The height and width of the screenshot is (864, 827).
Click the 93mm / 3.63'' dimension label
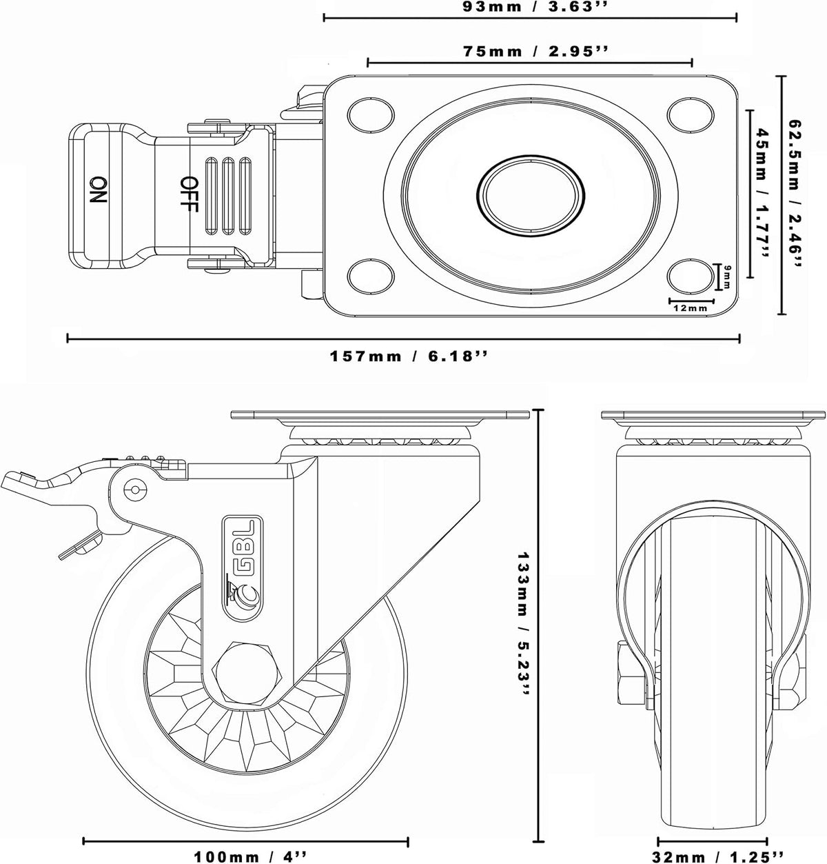[x=531, y=7]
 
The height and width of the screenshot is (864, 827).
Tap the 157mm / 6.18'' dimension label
[x=409, y=356]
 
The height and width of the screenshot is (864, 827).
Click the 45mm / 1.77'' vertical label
[x=762, y=192]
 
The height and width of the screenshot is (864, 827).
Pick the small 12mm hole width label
[x=691, y=308]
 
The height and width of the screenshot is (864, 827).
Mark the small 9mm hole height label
[x=727, y=277]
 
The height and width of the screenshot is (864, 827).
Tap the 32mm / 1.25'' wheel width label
[x=717, y=856]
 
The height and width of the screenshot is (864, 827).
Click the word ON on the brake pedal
[x=98, y=190]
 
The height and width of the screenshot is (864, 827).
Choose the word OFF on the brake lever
[x=189, y=194]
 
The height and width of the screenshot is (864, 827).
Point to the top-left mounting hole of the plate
[x=371, y=114]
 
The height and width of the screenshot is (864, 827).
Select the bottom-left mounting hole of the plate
[x=371, y=276]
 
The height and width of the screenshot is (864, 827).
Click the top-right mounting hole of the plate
[x=691, y=114]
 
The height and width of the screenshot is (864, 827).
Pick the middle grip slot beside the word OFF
[x=228, y=195]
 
